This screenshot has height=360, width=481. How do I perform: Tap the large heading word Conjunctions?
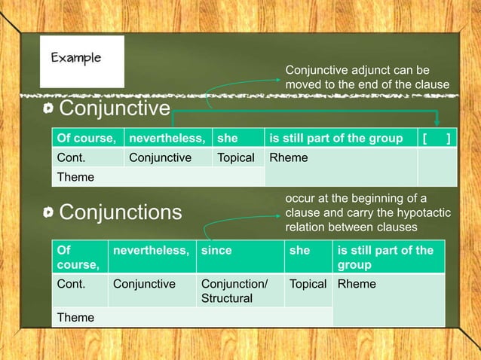click(x=121, y=212)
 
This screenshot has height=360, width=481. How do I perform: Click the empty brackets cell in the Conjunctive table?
click(x=437, y=138)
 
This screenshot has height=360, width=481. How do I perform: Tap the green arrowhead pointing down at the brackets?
click(x=437, y=124)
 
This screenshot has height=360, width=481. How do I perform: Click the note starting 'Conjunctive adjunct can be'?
click(x=366, y=77)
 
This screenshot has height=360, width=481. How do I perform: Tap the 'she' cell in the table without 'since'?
click(x=237, y=138)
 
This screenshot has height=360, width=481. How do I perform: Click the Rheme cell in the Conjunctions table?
click(x=388, y=285)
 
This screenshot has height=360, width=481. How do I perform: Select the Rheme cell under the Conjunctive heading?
click(x=339, y=158)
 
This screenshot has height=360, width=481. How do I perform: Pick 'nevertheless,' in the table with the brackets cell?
click(x=167, y=138)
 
